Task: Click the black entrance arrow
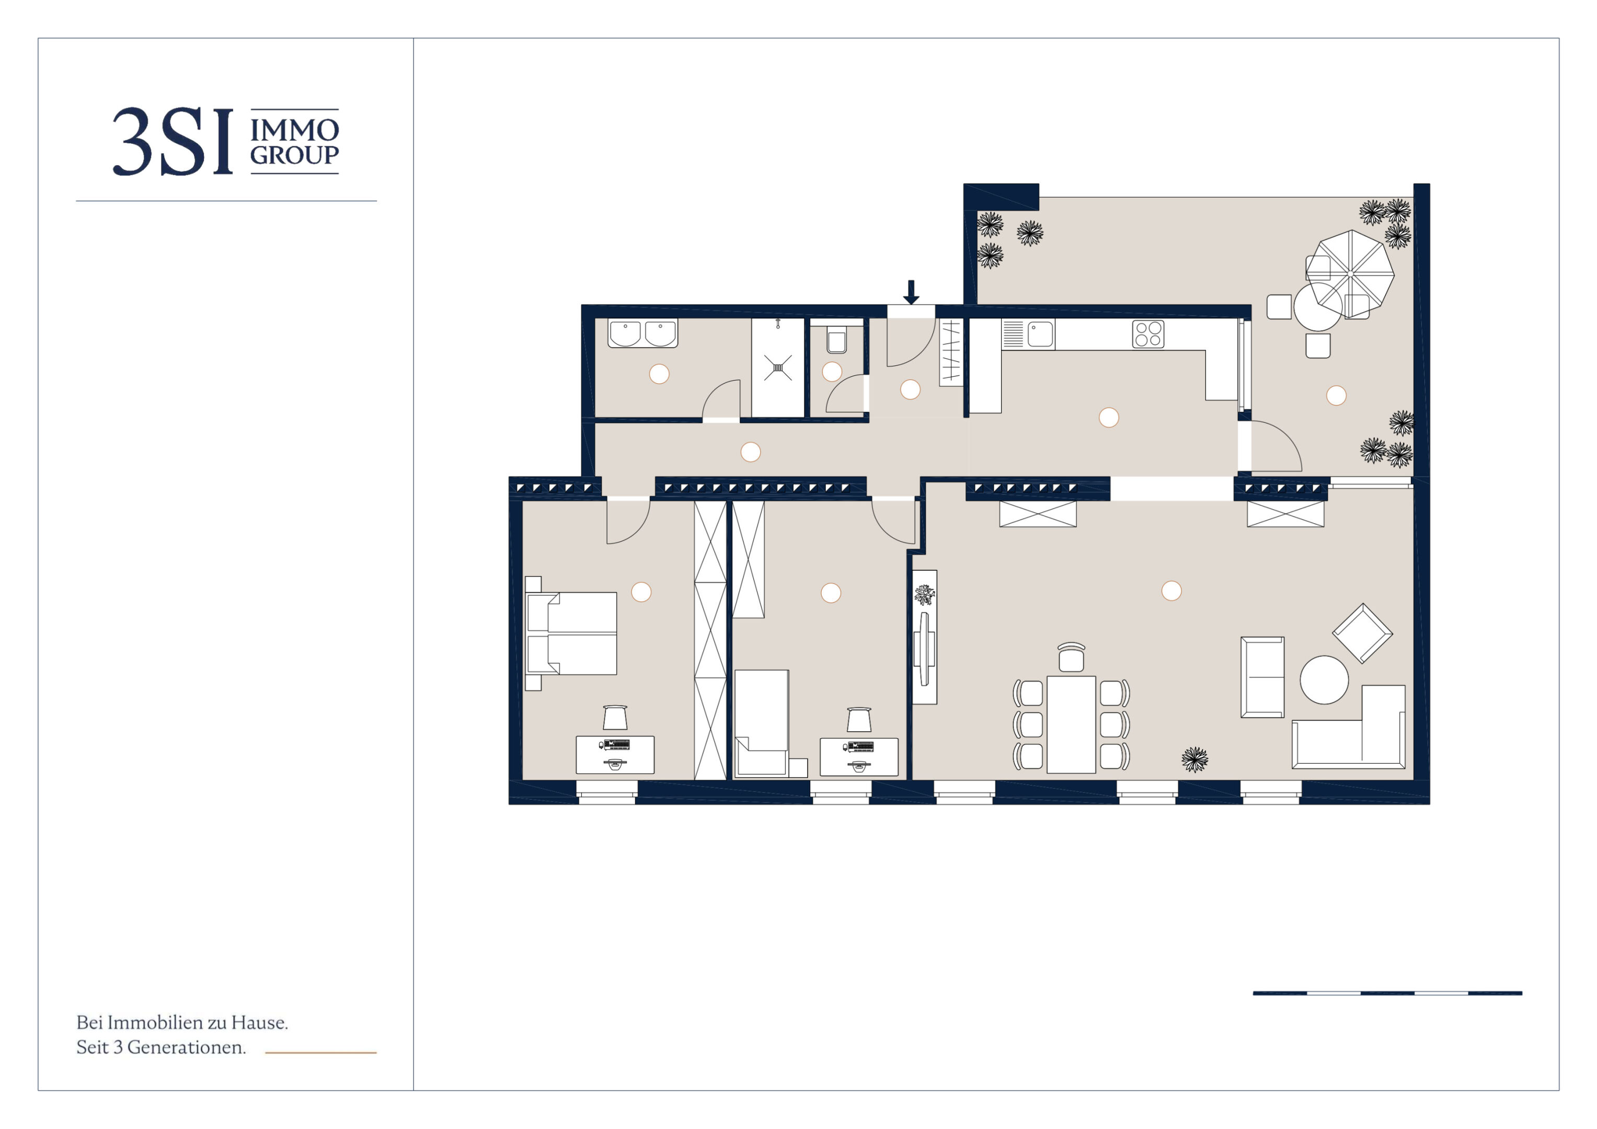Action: pyautogui.click(x=911, y=292)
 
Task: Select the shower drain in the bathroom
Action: pyautogui.click(x=778, y=368)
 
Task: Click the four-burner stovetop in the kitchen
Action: pyautogui.click(x=1147, y=334)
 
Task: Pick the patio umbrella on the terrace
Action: pyautogui.click(x=1350, y=273)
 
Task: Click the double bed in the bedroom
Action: pyautogui.click(x=572, y=633)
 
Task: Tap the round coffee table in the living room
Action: pyautogui.click(x=1324, y=679)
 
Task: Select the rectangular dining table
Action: pyautogui.click(x=1071, y=724)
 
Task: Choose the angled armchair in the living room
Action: pyautogui.click(x=1362, y=633)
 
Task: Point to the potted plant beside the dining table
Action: pyautogui.click(x=1195, y=759)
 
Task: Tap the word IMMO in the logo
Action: pyautogui.click(x=294, y=130)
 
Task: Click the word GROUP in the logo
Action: pyautogui.click(x=294, y=155)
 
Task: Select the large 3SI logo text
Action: pyautogui.click(x=173, y=142)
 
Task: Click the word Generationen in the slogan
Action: pyautogui.click(x=187, y=1047)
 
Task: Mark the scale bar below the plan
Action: pyautogui.click(x=1387, y=993)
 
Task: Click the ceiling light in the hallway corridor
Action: pyautogui.click(x=751, y=452)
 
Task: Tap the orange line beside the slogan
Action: pyautogui.click(x=320, y=1053)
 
